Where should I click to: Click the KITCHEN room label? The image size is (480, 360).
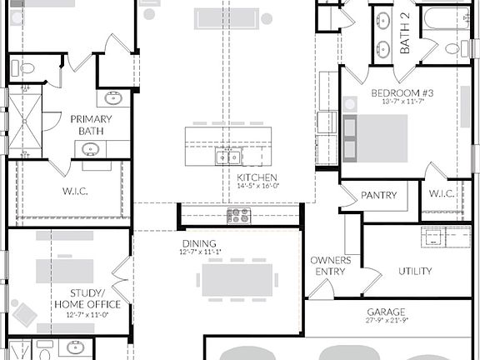point(251,178)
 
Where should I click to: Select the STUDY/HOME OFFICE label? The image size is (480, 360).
point(87,298)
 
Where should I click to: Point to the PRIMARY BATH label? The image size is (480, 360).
point(85,125)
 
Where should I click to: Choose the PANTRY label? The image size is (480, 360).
point(377,195)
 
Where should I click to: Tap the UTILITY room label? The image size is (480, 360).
point(414,272)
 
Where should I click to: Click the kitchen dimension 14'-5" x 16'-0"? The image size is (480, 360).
point(251,187)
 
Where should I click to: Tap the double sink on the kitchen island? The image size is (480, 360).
point(228,156)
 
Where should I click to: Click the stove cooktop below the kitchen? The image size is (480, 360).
point(239,215)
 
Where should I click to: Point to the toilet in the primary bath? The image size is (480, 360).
point(27,68)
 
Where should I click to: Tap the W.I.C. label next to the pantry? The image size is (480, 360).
point(442,195)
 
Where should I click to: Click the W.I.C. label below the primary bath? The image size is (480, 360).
point(74,191)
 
